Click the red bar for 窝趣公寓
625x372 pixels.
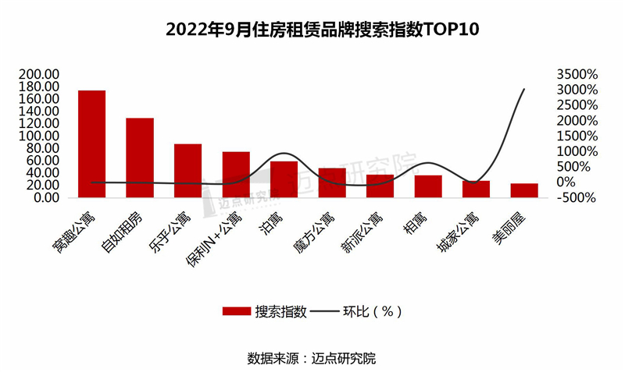tap(92, 143)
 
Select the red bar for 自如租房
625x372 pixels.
tap(140, 158)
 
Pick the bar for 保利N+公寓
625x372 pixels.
tap(236, 174)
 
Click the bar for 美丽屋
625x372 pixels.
tap(523, 190)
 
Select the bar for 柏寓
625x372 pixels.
tap(427, 186)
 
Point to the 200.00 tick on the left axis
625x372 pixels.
tap(38, 74)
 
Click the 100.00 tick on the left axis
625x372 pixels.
tap(38, 136)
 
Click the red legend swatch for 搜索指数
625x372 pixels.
tap(236, 310)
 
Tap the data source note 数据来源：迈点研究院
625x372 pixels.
tap(312, 359)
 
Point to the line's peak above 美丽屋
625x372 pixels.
tap(523, 89)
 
